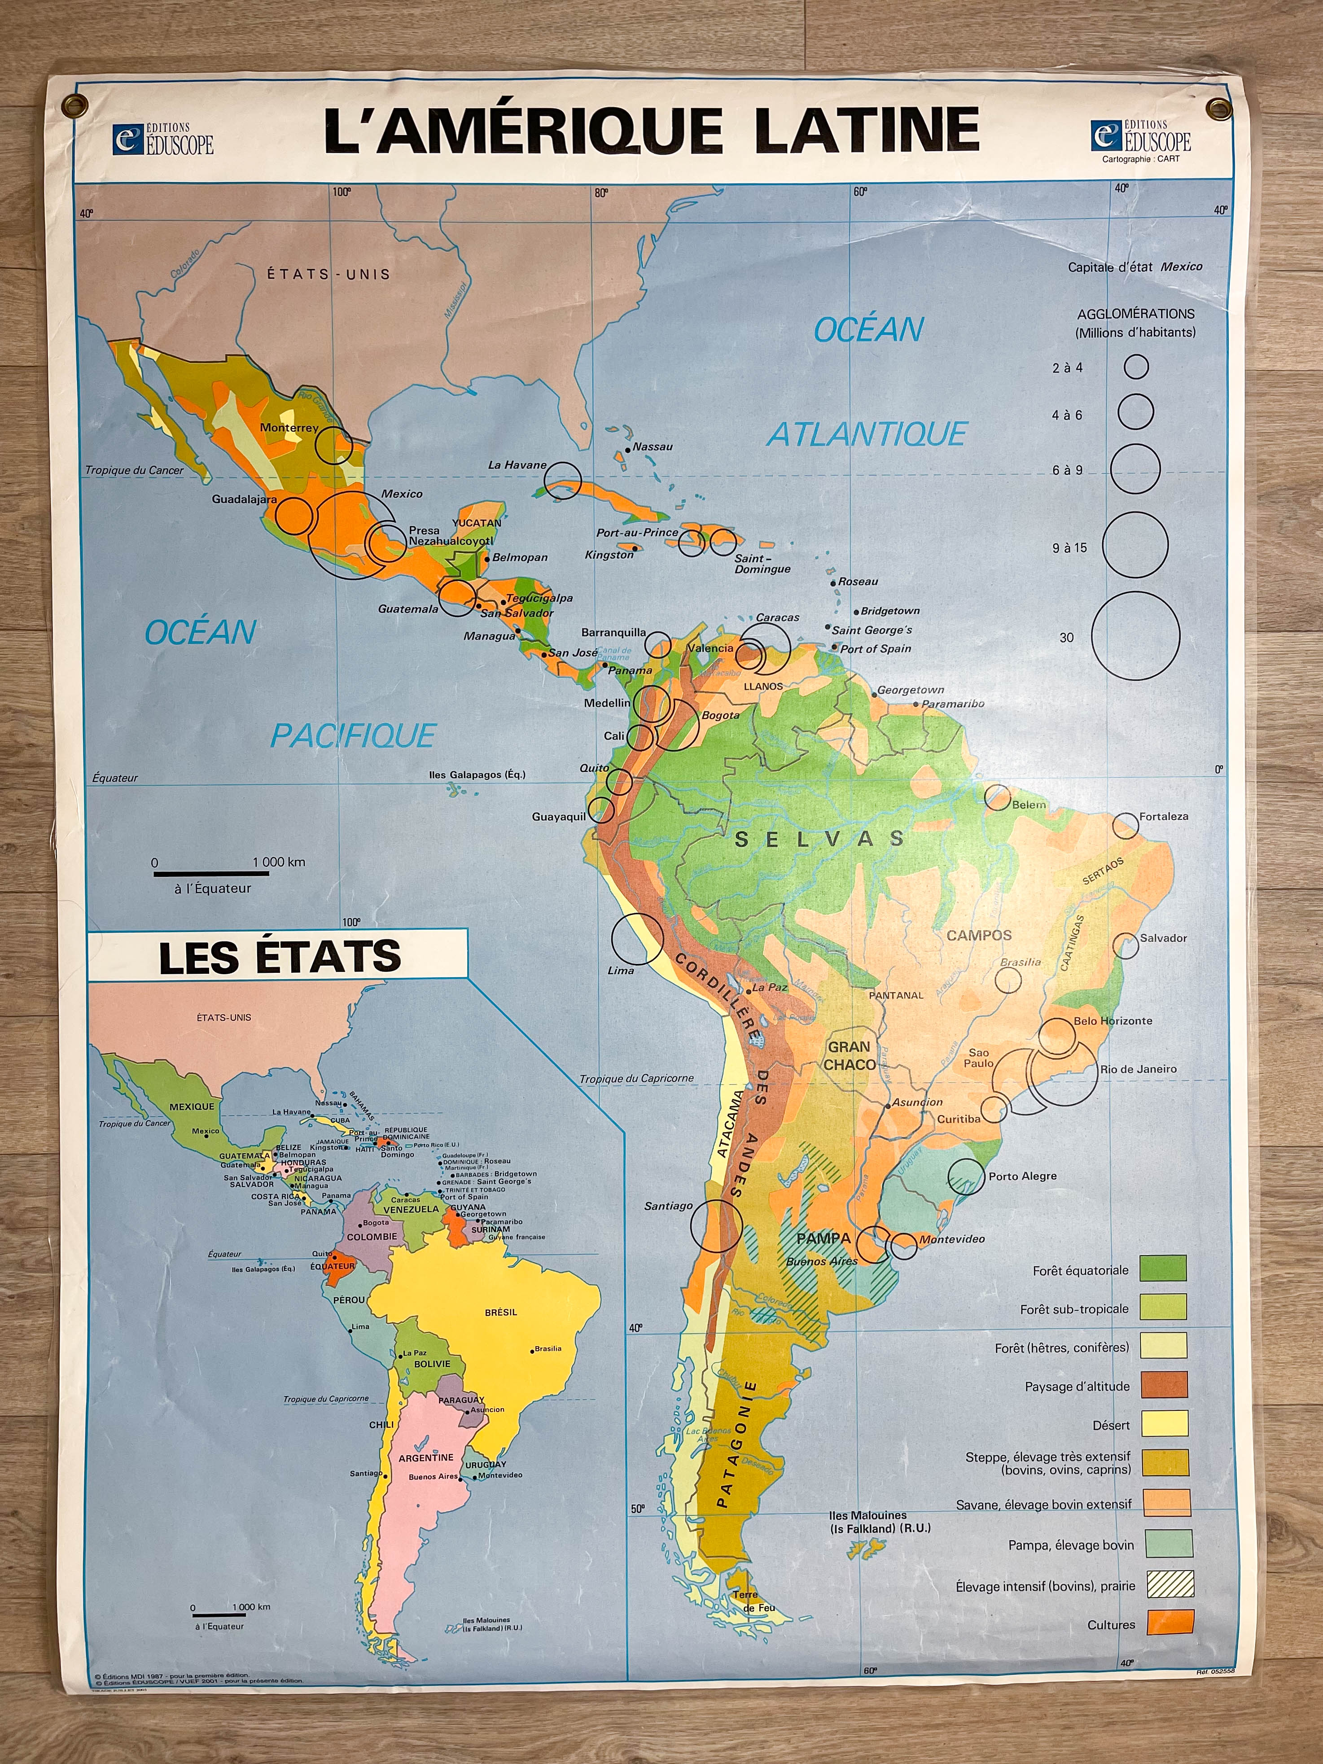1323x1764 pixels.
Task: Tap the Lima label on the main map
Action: point(620,971)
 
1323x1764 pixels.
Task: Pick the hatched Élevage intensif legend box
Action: point(1170,1584)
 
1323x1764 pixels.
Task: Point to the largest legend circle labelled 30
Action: point(1135,636)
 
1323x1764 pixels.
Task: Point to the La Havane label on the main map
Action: point(517,465)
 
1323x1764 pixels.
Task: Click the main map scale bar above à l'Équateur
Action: point(211,874)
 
